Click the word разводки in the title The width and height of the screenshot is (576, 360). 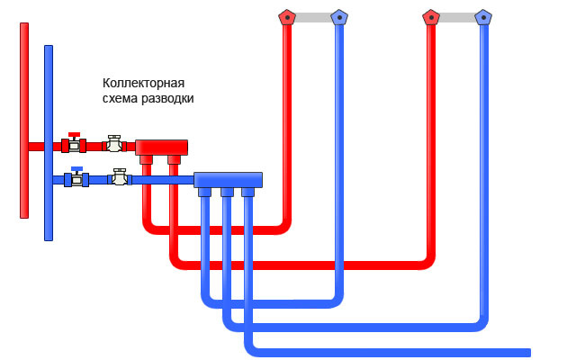(x=166, y=98)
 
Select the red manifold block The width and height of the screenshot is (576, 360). (x=161, y=147)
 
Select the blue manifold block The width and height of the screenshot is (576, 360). (x=228, y=179)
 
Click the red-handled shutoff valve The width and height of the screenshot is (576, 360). (x=74, y=144)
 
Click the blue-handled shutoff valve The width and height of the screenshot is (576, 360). (x=76, y=178)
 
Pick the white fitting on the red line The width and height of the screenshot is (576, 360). (x=113, y=144)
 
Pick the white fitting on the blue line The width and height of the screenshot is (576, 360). (x=120, y=177)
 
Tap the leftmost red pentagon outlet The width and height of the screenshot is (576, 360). (x=286, y=16)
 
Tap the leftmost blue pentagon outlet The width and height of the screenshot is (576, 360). (x=338, y=16)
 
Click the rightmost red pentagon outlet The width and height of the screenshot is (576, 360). (x=431, y=16)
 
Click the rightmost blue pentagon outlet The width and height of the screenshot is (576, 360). (x=483, y=16)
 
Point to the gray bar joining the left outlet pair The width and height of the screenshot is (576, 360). (x=312, y=16)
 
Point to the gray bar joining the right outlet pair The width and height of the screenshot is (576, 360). (x=457, y=16)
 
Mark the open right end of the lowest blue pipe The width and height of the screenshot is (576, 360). (x=526, y=352)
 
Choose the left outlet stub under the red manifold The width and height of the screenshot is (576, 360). (x=146, y=159)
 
